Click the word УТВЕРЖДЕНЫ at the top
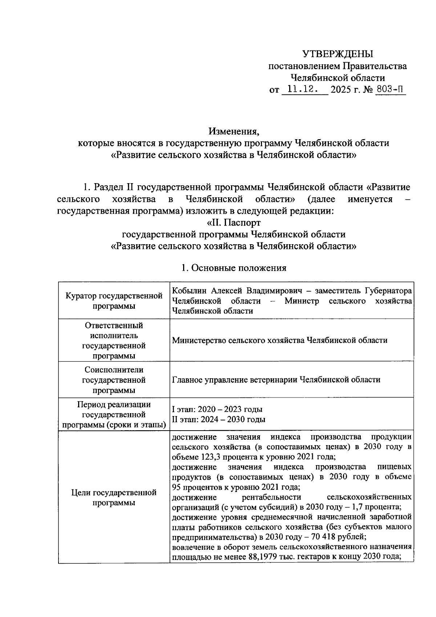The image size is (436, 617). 338,55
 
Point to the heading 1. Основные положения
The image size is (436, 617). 234,268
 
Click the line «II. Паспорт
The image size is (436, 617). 231,222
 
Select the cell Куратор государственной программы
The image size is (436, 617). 114,301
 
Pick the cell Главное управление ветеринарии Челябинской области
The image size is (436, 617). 276,380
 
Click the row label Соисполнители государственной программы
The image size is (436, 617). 114,380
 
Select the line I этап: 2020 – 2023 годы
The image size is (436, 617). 217,410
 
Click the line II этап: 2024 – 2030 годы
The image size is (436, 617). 219,419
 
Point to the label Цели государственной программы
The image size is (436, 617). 114,498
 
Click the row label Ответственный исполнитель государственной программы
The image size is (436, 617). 114,340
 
